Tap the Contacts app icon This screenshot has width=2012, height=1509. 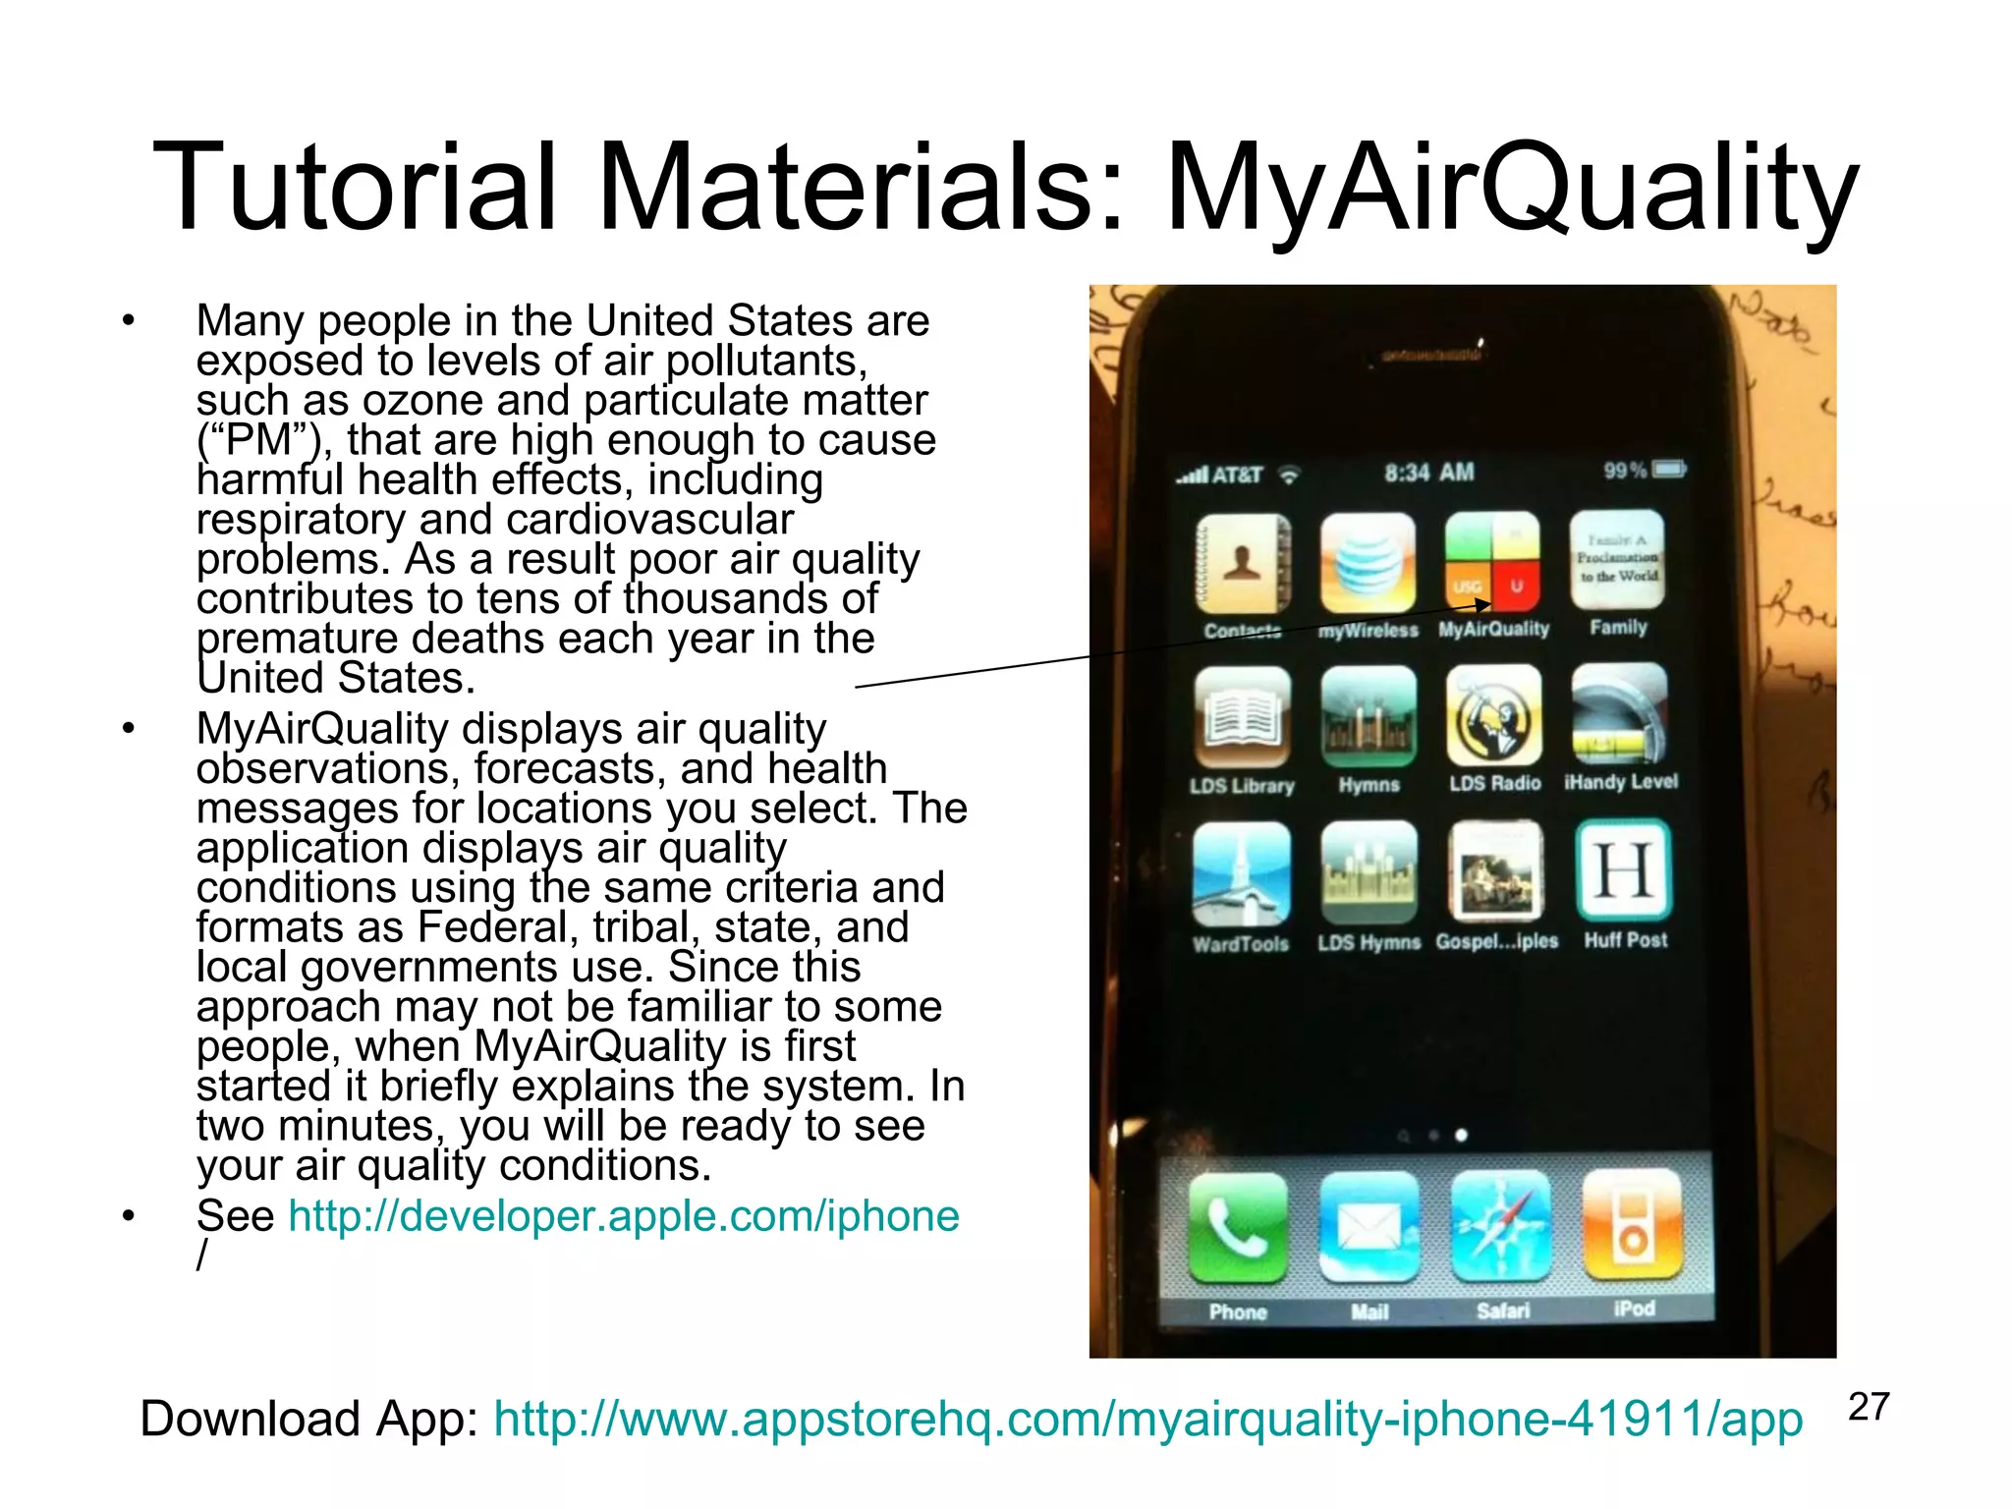[x=1243, y=564]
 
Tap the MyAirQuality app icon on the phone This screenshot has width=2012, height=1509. [x=1492, y=562]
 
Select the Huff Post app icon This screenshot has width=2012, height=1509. [x=1624, y=870]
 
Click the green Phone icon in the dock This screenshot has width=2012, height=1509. [x=1238, y=1227]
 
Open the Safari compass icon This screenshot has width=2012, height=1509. [x=1501, y=1226]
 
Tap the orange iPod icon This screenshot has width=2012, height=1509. [x=1632, y=1224]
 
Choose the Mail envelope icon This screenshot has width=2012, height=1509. [x=1369, y=1227]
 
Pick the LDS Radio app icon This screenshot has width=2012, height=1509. [x=1494, y=715]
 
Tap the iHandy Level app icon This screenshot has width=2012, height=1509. [x=1620, y=713]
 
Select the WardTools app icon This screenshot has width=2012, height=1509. [x=1242, y=873]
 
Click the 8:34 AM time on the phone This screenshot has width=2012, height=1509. [x=1429, y=473]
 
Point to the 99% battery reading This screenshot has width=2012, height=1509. [x=1625, y=471]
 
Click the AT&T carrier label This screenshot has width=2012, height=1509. [x=1237, y=475]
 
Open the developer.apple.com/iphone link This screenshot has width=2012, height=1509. [x=623, y=1216]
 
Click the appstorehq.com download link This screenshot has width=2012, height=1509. [x=1147, y=1420]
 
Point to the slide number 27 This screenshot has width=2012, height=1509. [x=1869, y=1407]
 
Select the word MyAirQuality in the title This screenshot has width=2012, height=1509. [x=1512, y=189]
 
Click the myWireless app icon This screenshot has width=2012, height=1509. [x=1369, y=564]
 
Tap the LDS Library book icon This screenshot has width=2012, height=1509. [x=1243, y=717]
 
